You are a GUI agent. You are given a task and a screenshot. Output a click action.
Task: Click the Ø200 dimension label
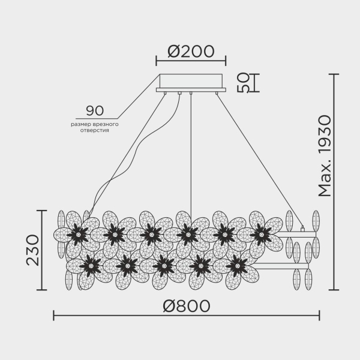tap(191, 51)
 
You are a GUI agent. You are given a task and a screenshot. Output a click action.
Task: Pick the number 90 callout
tap(95, 110)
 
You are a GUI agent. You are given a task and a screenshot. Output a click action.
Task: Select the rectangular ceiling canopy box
tap(191, 81)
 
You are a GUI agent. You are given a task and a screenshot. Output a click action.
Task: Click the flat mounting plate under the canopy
tap(191, 90)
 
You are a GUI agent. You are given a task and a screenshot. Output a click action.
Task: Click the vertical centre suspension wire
tap(191, 156)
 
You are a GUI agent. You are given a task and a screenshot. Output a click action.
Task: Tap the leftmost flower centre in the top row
tap(77, 233)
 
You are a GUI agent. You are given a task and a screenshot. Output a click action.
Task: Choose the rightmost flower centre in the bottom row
tap(237, 263)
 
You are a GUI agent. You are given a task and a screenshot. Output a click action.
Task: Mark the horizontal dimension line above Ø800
tap(186, 316)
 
